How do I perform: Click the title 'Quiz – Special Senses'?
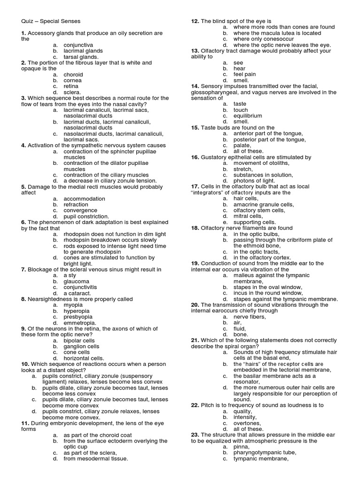(x=51, y=21)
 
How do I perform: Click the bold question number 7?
(x=23, y=270)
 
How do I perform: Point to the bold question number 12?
(x=195, y=22)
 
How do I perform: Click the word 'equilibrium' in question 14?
(x=248, y=116)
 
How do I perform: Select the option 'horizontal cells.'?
(x=84, y=358)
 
